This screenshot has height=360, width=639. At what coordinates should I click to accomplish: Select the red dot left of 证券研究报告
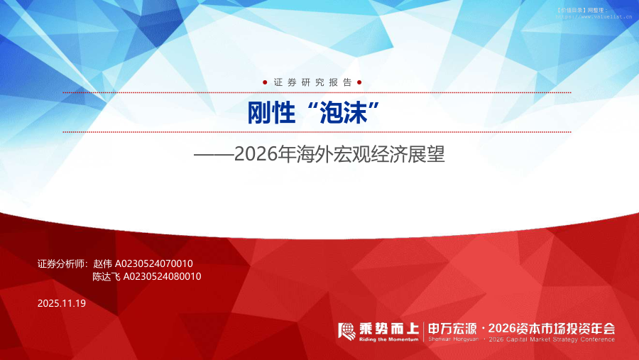[x=265, y=82]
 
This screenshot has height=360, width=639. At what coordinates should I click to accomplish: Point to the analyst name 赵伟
[x=103, y=263]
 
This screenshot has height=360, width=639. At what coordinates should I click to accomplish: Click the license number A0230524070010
[x=154, y=263]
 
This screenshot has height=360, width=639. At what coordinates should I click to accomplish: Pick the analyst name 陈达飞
[x=107, y=276]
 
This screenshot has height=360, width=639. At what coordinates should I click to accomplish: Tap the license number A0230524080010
[x=163, y=276]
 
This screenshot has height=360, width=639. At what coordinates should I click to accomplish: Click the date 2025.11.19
[x=61, y=303]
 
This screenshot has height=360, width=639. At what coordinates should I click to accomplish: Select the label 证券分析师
[x=61, y=263]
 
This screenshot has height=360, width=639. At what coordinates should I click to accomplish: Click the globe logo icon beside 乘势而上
[x=346, y=330]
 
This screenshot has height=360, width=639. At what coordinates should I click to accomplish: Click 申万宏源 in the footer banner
[x=452, y=328]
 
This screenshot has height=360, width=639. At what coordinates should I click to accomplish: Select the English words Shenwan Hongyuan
[x=452, y=339]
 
